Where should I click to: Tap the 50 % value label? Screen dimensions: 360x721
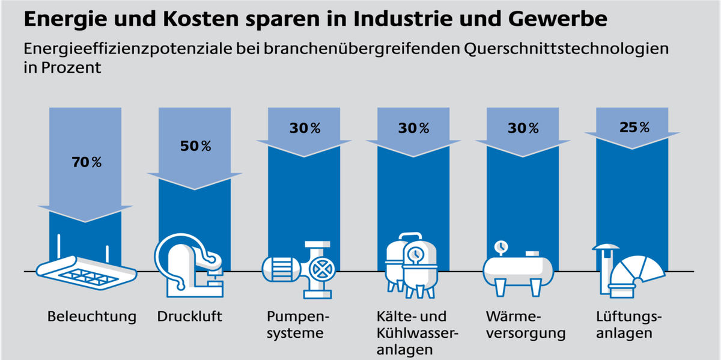coord(196,146)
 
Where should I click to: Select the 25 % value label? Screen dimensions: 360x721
coord(634,127)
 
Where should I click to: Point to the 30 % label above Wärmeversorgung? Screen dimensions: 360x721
coord(524,128)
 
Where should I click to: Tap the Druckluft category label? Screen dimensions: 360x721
coord(189,316)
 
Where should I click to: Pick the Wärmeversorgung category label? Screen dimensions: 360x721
coord(524,325)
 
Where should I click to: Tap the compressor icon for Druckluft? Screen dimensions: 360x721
coord(189,266)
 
